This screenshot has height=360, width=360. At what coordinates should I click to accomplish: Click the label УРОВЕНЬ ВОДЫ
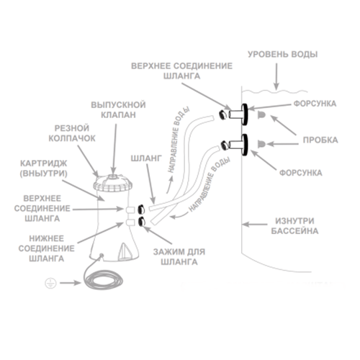282,54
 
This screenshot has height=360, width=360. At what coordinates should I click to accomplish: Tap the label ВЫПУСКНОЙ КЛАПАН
118,109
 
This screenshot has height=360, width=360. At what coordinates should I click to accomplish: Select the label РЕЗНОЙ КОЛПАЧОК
72,133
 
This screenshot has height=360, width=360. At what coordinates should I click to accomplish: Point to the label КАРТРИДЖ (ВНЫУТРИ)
43,168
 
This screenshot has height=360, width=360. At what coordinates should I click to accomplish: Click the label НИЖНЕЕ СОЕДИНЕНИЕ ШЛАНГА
46,248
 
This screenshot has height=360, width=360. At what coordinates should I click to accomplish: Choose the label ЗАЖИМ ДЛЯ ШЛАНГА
179,257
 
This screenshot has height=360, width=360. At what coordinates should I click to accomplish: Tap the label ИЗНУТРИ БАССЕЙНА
294,226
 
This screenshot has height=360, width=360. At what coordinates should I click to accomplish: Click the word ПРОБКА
320,140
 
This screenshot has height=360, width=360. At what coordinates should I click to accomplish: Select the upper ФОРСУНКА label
315,104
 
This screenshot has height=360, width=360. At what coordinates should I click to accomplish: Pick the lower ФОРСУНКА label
301,173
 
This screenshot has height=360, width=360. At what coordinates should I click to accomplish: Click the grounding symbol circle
50,283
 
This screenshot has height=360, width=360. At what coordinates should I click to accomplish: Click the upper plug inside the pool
261,114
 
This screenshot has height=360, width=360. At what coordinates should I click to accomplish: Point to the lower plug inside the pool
261,144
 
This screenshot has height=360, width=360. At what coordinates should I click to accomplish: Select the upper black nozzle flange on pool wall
244,114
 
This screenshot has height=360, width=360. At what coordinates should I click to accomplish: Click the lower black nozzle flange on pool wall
244,145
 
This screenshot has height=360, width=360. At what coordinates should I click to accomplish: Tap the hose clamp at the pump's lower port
141,222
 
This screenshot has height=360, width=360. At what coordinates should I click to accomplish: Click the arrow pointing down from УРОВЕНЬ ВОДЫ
276,77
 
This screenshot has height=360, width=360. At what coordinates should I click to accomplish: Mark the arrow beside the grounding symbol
71,283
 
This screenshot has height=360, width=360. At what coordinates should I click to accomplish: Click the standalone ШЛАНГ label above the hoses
146,158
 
